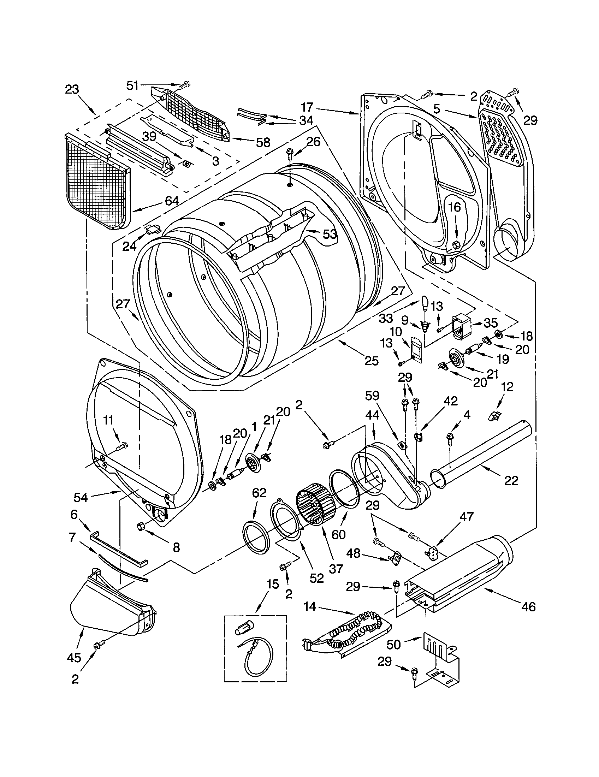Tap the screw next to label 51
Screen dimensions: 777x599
(x=185, y=85)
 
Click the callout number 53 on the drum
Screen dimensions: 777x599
(x=330, y=234)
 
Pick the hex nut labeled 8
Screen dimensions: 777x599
(x=140, y=526)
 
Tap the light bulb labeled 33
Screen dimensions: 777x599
(x=425, y=303)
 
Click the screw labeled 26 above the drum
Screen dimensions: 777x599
(x=289, y=155)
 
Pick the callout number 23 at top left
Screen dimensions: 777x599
(x=72, y=89)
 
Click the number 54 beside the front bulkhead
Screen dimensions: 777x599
(x=81, y=497)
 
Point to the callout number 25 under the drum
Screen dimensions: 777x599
(x=371, y=361)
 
